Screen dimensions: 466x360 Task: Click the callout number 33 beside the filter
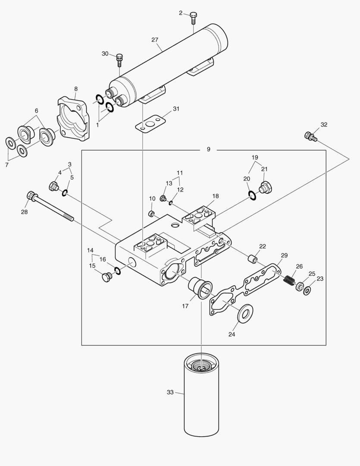click(170, 392)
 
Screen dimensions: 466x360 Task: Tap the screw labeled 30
click(120, 59)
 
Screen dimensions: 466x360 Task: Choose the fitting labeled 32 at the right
click(310, 137)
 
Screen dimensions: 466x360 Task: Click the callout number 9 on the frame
click(208, 149)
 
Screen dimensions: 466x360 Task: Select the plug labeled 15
click(105, 277)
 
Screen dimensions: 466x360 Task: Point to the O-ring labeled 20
click(252, 196)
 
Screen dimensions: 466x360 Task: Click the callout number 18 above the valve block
click(215, 196)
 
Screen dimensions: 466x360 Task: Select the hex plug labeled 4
click(54, 187)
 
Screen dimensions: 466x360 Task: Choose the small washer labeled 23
click(307, 291)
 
